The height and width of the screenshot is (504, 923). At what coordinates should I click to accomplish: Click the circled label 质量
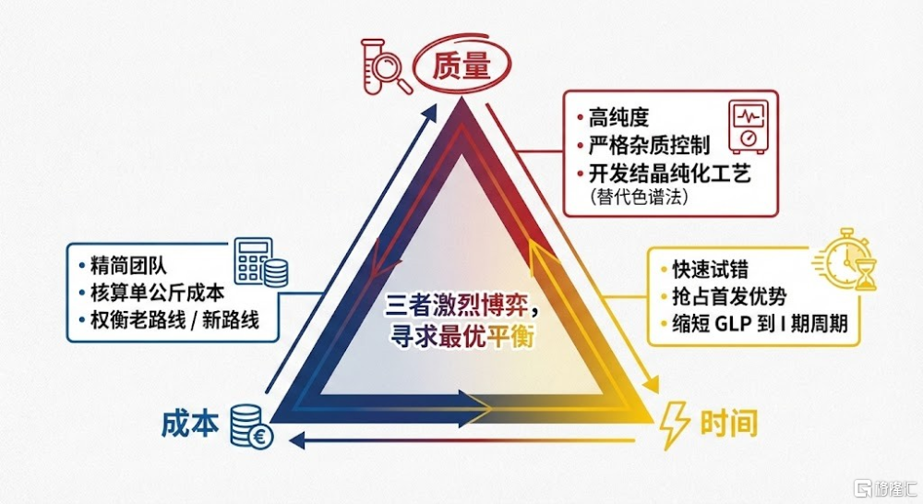click(462, 65)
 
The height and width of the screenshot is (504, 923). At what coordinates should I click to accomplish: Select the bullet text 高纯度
click(618, 118)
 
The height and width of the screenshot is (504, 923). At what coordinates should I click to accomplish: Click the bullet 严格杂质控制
click(649, 146)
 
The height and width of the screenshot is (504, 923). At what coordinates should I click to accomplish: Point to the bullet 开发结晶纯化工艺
click(670, 174)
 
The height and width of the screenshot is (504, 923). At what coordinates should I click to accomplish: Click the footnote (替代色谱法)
click(638, 197)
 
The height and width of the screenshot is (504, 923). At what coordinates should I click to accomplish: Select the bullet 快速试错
click(710, 269)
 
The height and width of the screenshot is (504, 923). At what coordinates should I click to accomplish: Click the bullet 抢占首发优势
click(729, 296)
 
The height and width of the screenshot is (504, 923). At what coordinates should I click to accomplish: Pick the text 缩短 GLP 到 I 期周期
click(760, 324)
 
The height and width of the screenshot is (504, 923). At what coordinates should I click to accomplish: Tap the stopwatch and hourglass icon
click(845, 259)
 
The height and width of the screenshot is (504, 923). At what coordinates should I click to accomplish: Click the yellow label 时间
click(728, 424)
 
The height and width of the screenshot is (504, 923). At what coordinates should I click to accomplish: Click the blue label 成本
click(190, 424)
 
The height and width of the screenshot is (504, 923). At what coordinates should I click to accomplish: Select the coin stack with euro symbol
click(251, 426)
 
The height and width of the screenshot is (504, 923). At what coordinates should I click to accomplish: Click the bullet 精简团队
click(128, 266)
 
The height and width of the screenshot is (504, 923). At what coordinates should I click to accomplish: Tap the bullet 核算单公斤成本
click(157, 293)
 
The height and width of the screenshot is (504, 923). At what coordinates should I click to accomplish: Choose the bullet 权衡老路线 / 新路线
click(174, 320)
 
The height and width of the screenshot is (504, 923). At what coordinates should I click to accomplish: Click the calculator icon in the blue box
click(261, 262)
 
